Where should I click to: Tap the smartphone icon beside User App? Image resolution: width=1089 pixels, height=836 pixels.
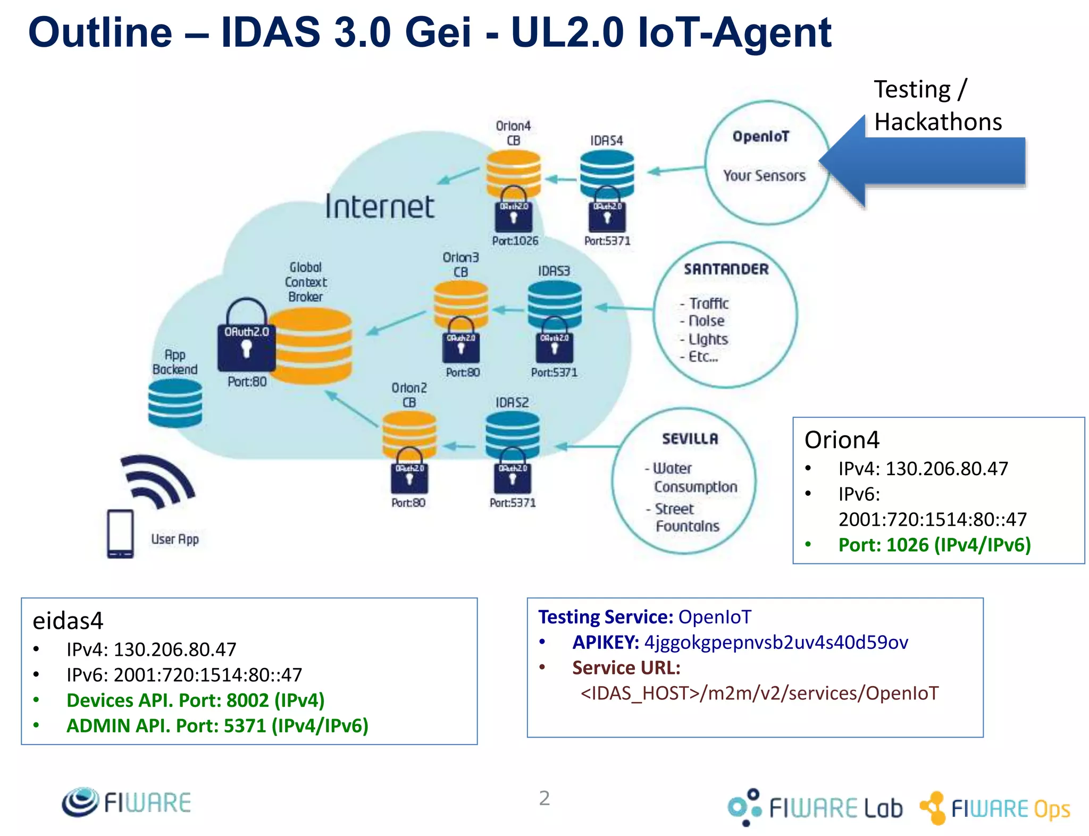click(120, 534)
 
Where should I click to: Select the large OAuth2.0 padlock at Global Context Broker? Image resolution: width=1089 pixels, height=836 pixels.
click(246, 337)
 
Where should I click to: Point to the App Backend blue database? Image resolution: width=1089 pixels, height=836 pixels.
click(175, 403)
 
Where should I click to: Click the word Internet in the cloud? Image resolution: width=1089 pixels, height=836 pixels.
click(380, 207)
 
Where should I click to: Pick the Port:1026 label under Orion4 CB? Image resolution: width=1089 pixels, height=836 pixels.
click(515, 241)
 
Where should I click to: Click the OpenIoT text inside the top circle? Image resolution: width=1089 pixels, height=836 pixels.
click(761, 137)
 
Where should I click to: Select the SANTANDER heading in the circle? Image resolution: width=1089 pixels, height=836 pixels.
click(726, 269)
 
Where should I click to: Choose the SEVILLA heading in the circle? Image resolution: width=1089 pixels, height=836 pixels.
click(690, 438)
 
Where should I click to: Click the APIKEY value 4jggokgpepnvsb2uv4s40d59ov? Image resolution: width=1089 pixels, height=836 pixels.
click(776, 643)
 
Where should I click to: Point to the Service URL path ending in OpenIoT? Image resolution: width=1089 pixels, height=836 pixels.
click(759, 693)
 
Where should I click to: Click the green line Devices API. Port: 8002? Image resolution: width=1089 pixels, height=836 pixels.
click(195, 700)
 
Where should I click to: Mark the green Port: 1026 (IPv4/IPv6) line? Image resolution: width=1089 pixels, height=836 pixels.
click(934, 545)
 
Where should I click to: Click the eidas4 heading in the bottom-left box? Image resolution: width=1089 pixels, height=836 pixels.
click(68, 621)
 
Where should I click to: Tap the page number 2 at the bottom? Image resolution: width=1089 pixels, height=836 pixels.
click(544, 798)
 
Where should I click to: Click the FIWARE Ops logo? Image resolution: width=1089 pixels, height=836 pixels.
click(994, 808)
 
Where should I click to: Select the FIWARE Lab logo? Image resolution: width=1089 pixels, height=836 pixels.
click(815, 808)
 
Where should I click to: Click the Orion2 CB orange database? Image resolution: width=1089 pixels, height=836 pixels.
click(409, 433)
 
